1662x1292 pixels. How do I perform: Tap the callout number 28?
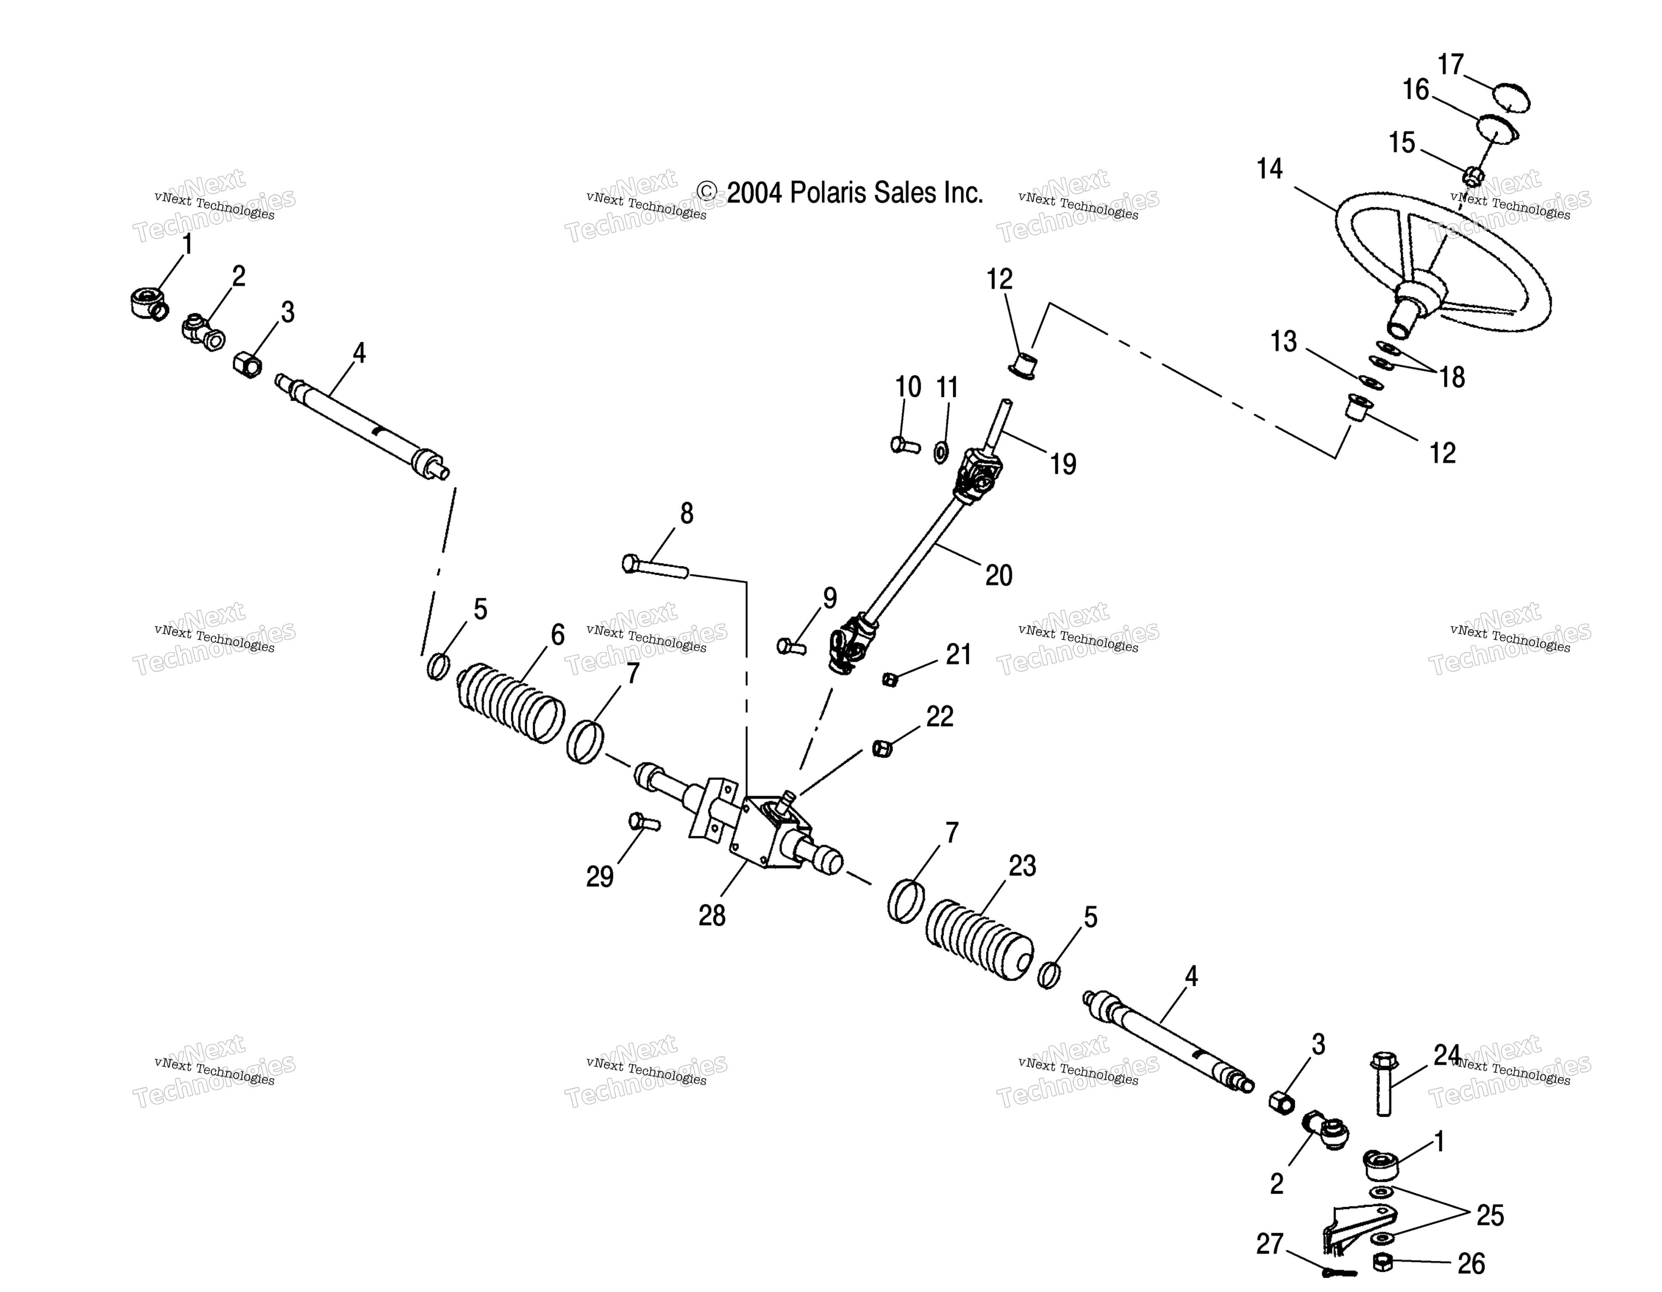[712, 915]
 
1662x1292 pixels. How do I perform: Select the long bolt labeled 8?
[655, 567]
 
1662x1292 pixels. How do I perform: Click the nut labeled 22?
[881, 748]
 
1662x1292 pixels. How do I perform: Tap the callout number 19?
[1063, 464]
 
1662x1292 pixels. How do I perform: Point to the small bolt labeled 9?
[792, 646]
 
